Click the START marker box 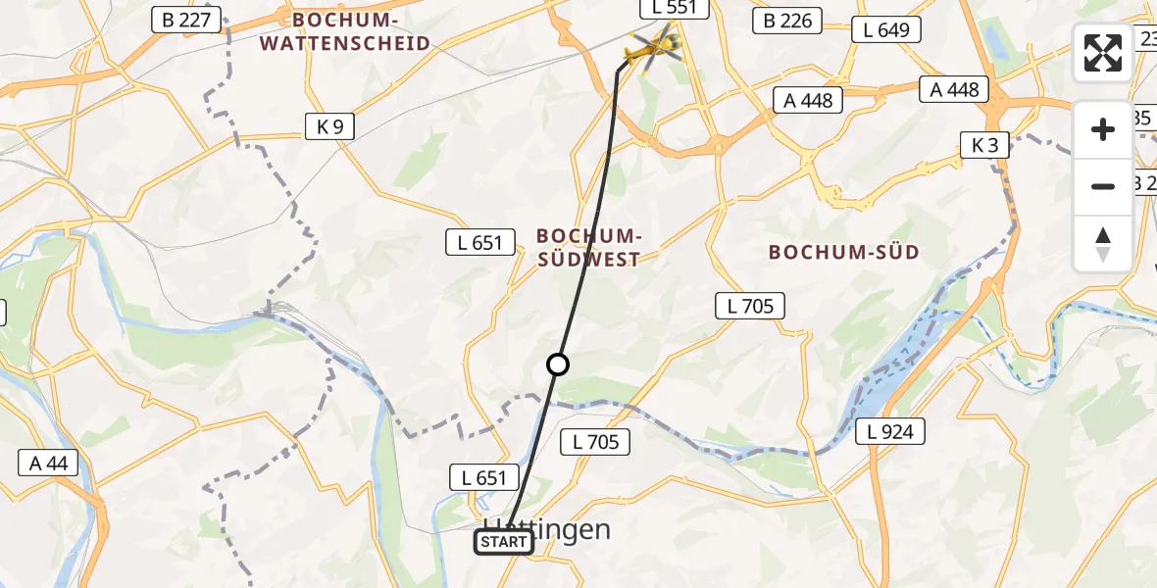[x=505, y=542]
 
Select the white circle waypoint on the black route [x=558, y=365]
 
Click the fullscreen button [x=1103, y=53]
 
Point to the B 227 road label [x=187, y=19]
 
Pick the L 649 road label [x=886, y=30]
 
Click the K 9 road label [x=329, y=126]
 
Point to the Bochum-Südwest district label [x=589, y=247]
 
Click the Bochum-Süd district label [x=844, y=252]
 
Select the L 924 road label [x=889, y=430]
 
